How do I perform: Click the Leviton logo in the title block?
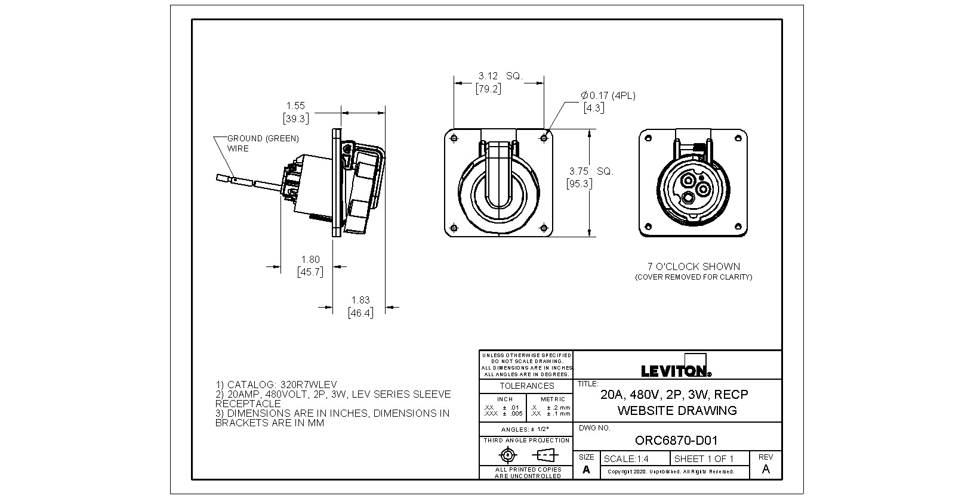pyautogui.click(x=676, y=370)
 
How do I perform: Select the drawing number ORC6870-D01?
pyautogui.click(x=676, y=441)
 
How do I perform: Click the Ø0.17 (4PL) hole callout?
pyautogui.click(x=608, y=95)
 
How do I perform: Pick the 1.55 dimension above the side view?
pyautogui.click(x=295, y=106)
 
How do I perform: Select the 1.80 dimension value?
pyautogui.click(x=310, y=259)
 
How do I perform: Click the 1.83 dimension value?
pyautogui.click(x=360, y=300)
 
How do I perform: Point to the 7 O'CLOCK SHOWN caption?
pyautogui.click(x=693, y=266)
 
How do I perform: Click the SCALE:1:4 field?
pyautogui.click(x=626, y=459)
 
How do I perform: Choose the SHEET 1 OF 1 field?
pyautogui.click(x=704, y=459)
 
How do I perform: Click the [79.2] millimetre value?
pyautogui.click(x=488, y=89)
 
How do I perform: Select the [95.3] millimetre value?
pyautogui.click(x=579, y=184)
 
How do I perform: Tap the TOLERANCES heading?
pyautogui.click(x=526, y=386)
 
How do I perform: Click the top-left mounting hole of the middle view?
pyautogui.click(x=455, y=138)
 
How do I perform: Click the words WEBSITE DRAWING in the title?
pyautogui.click(x=677, y=410)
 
